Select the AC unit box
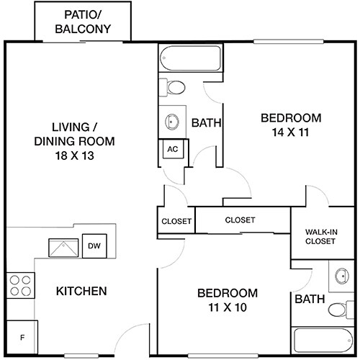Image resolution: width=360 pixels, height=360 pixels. click(x=172, y=149)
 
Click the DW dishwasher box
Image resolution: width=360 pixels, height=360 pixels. click(x=94, y=246)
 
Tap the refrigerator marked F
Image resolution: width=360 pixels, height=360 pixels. click(x=22, y=337)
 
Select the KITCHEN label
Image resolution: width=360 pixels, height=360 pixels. click(x=81, y=292)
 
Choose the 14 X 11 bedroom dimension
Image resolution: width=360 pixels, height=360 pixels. click(x=290, y=132)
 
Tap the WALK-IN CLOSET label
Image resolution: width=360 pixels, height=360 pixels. click(x=320, y=236)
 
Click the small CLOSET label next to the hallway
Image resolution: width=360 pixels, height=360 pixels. click(x=176, y=221)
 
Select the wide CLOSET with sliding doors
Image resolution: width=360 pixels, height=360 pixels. click(x=240, y=220)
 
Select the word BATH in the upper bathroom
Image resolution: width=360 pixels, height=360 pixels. click(x=206, y=123)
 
